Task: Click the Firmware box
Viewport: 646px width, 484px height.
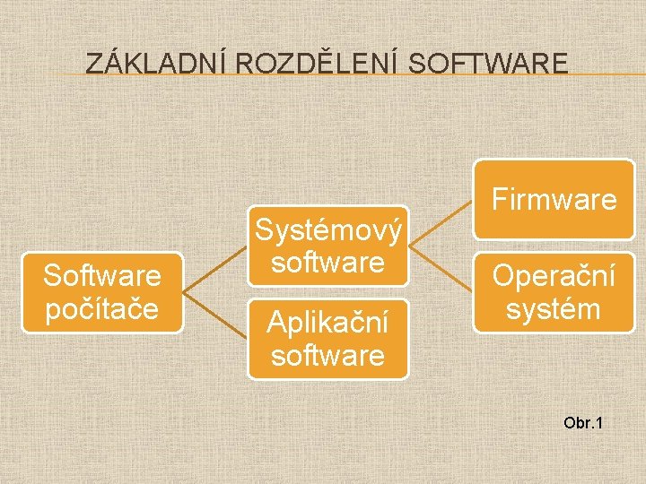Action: [x=554, y=200]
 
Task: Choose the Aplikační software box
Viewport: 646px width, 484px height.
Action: [x=327, y=339]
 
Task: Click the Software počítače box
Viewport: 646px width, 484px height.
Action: [x=102, y=291]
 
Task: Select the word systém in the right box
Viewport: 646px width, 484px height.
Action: [x=554, y=309]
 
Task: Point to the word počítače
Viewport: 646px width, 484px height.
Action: [x=102, y=307]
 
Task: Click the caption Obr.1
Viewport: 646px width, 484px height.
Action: [x=585, y=421]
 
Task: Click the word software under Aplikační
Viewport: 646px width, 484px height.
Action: [x=327, y=356]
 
